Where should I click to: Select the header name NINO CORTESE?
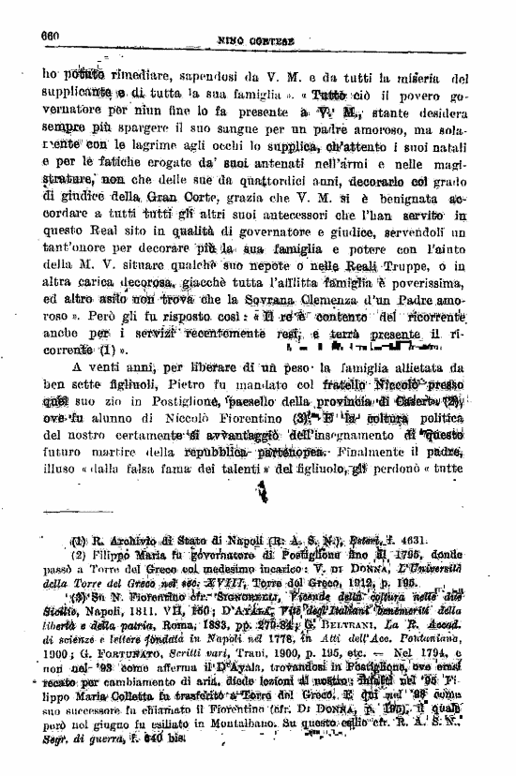click(x=256, y=40)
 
